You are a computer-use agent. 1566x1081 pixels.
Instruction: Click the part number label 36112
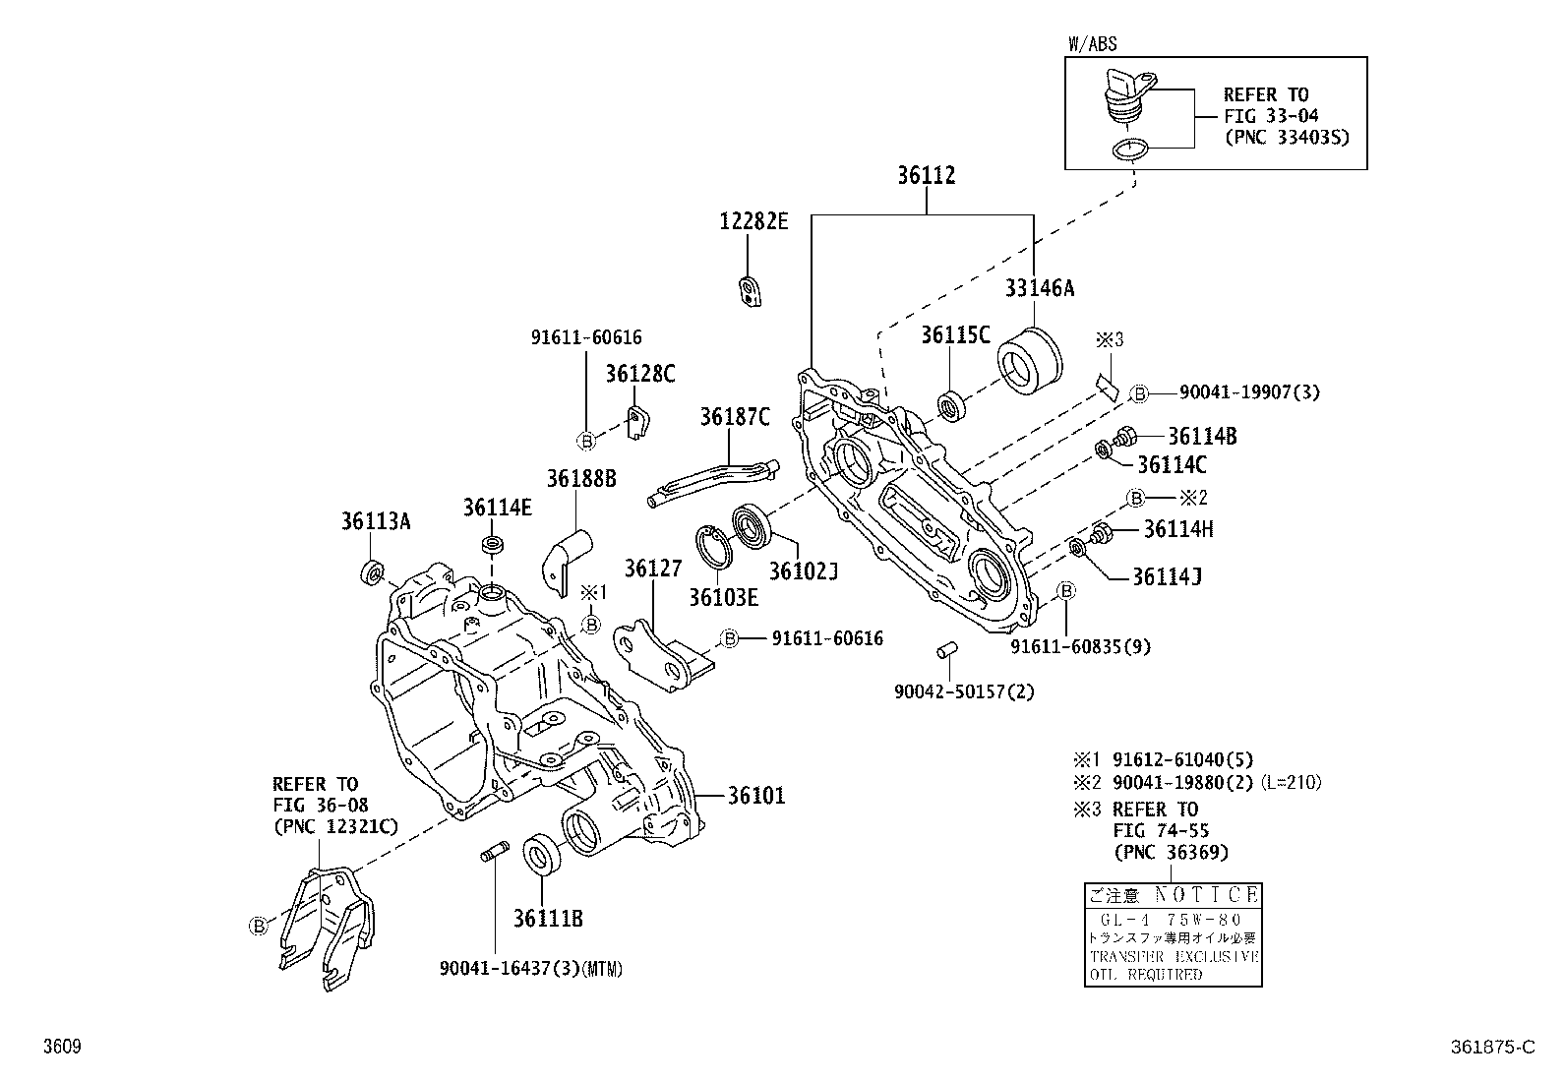926,176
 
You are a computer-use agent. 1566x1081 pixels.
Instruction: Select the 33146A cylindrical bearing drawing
1030,361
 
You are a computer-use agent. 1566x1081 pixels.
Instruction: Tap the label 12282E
753,221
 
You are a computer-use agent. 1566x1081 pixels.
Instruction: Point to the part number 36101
756,796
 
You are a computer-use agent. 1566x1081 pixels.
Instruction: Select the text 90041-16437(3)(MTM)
531,969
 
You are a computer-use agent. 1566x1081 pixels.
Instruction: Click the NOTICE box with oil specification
1173,934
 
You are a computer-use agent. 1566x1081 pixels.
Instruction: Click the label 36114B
1202,437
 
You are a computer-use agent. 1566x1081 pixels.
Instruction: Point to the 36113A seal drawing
375,571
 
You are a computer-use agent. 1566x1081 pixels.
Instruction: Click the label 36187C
735,417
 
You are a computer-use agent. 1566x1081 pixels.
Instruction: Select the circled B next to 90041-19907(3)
1138,393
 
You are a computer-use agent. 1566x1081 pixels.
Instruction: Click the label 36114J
1167,576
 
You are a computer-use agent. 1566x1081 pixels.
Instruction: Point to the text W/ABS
1092,44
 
